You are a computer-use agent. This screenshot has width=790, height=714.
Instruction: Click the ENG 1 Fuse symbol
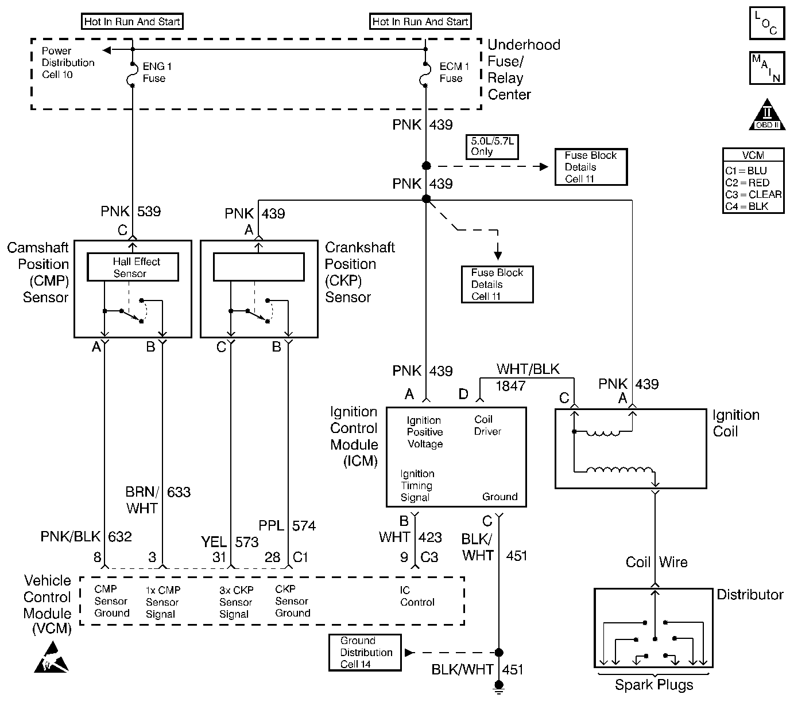click(133, 75)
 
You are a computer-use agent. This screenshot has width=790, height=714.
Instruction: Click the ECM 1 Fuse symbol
click(425, 73)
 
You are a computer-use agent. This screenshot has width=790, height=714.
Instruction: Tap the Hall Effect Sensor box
click(133, 267)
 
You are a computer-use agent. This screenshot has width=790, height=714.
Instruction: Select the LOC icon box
click(766, 24)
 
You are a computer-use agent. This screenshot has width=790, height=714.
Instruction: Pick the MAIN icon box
click(766, 68)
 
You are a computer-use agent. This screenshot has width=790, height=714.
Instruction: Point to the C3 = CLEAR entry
click(753, 194)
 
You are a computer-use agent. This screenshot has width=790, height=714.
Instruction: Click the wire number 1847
click(510, 385)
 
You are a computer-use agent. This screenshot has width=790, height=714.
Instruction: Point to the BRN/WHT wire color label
click(142, 500)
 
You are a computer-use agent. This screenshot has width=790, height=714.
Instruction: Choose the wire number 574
click(304, 525)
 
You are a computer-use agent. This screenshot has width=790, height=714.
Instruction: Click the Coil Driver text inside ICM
click(487, 426)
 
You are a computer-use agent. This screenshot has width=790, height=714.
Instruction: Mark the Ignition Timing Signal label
click(417, 485)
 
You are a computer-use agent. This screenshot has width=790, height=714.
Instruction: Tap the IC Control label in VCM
click(417, 596)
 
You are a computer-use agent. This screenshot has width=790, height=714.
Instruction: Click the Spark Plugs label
click(653, 685)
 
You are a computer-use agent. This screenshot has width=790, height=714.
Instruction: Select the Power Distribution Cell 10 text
click(68, 63)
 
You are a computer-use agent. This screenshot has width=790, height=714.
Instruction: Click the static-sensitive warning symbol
click(51, 657)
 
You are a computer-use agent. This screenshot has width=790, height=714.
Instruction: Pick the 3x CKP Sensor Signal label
click(236, 602)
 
